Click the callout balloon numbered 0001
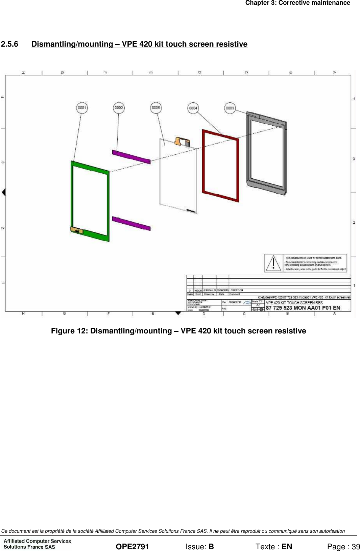[x=82, y=108]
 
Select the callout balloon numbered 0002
[x=119, y=108]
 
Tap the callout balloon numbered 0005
[x=156, y=108]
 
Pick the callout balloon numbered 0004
[x=193, y=108]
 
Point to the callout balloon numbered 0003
[x=230, y=108]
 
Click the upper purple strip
[x=131, y=157]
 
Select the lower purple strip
[x=131, y=223]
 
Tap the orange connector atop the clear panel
[x=182, y=141]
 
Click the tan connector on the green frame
[x=77, y=230]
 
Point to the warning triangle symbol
[x=273, y=263]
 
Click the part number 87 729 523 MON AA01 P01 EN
[x=303, y=308]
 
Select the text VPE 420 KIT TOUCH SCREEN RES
[x=294, y=303]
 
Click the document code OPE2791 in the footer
[x=132, y=547]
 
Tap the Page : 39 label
[x=343, y=547]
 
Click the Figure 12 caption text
[x=178, y=331]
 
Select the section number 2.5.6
[x=9, y=44]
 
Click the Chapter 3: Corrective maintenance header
[x=297, y=3]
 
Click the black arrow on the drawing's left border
[x=4, y=192]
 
